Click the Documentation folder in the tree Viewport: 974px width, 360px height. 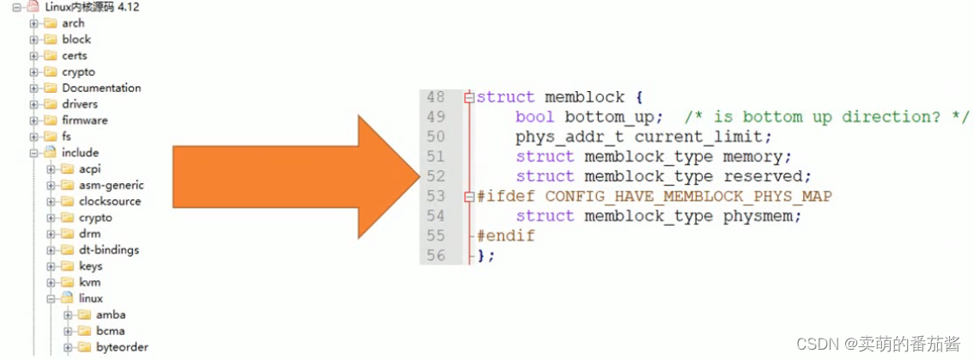(100, 88)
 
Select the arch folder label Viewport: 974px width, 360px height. (73, 23)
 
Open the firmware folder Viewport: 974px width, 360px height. (84, 120)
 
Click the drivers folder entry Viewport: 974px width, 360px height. (80, 104)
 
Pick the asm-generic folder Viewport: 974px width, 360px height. (111, 185)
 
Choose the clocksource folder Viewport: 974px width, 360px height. (110, 201)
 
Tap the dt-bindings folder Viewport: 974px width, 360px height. (108, 250)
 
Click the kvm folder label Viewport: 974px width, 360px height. (89, 282)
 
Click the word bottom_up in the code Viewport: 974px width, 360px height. (613, 117)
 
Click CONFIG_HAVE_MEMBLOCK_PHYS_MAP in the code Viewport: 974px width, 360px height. (688, 196)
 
